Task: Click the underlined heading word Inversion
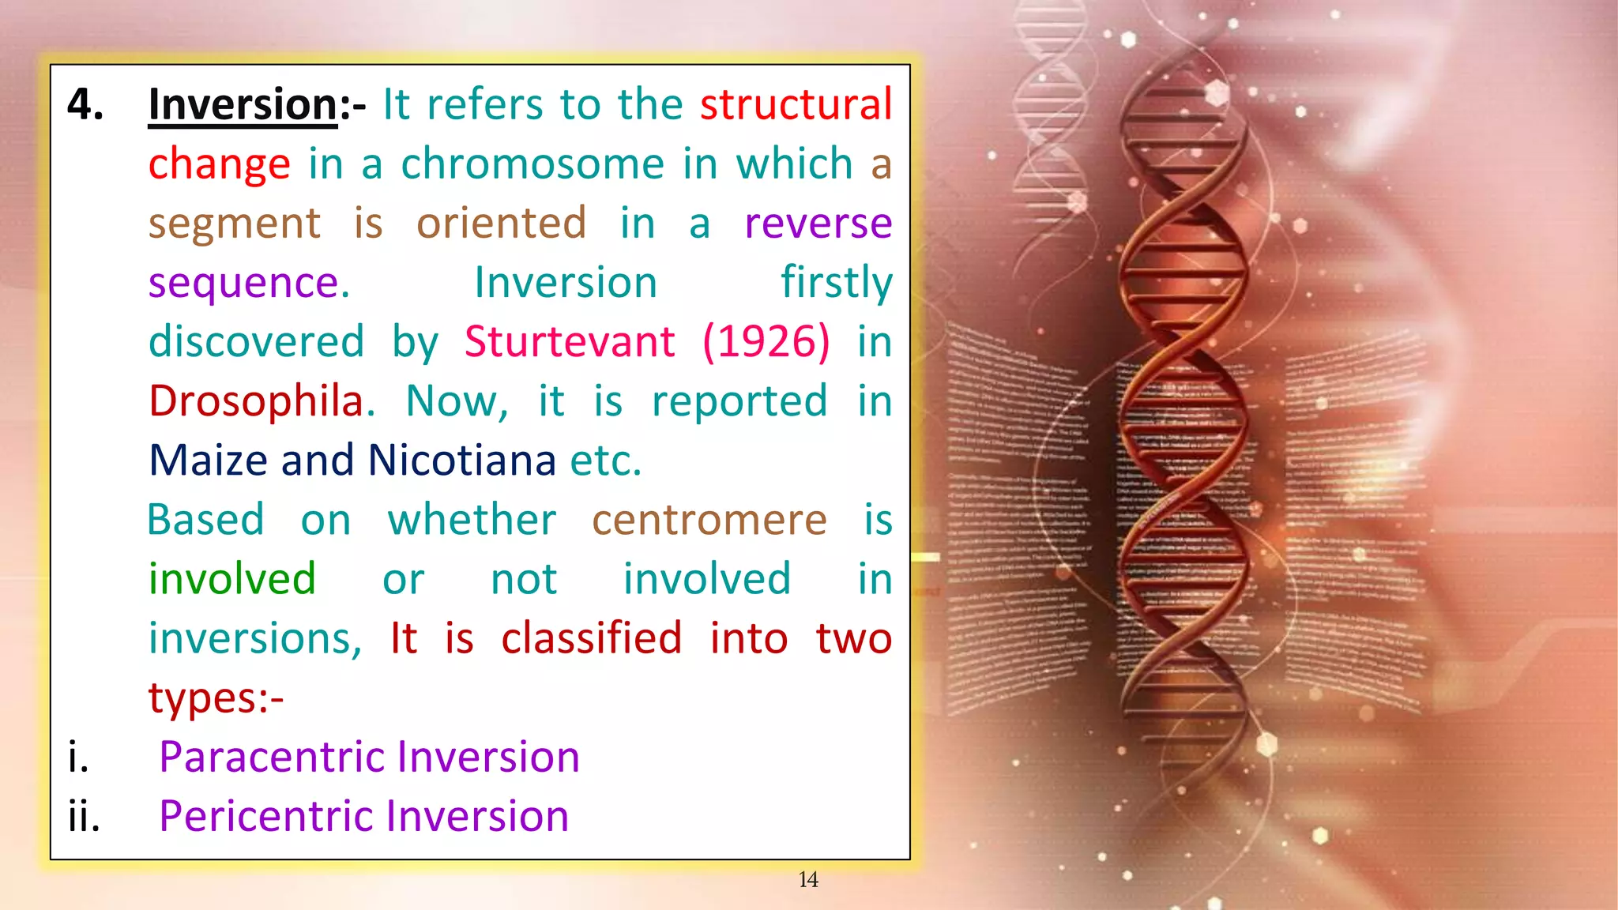(x=243, y=104)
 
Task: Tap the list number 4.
(x=85, y=104)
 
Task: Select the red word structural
(x=796, y=104)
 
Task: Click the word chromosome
(x=533, y=164)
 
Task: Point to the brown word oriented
(x=502, y=224)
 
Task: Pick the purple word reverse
(x=818, y=224)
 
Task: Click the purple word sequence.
(x=248, y=283)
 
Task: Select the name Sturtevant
(x=569, y=342)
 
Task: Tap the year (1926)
(x=766, y=342)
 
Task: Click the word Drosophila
(x=261, y=401)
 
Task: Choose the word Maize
(x=208, y=461)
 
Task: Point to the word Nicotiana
(x=461, y=461)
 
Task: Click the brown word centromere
(x=709, y=521)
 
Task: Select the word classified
(x=591, y=638)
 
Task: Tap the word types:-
(x=216, y=698)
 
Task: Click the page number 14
(x=807, y=879)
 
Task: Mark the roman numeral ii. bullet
(x=84, y=816)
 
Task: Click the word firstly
(x=836, y=283)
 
